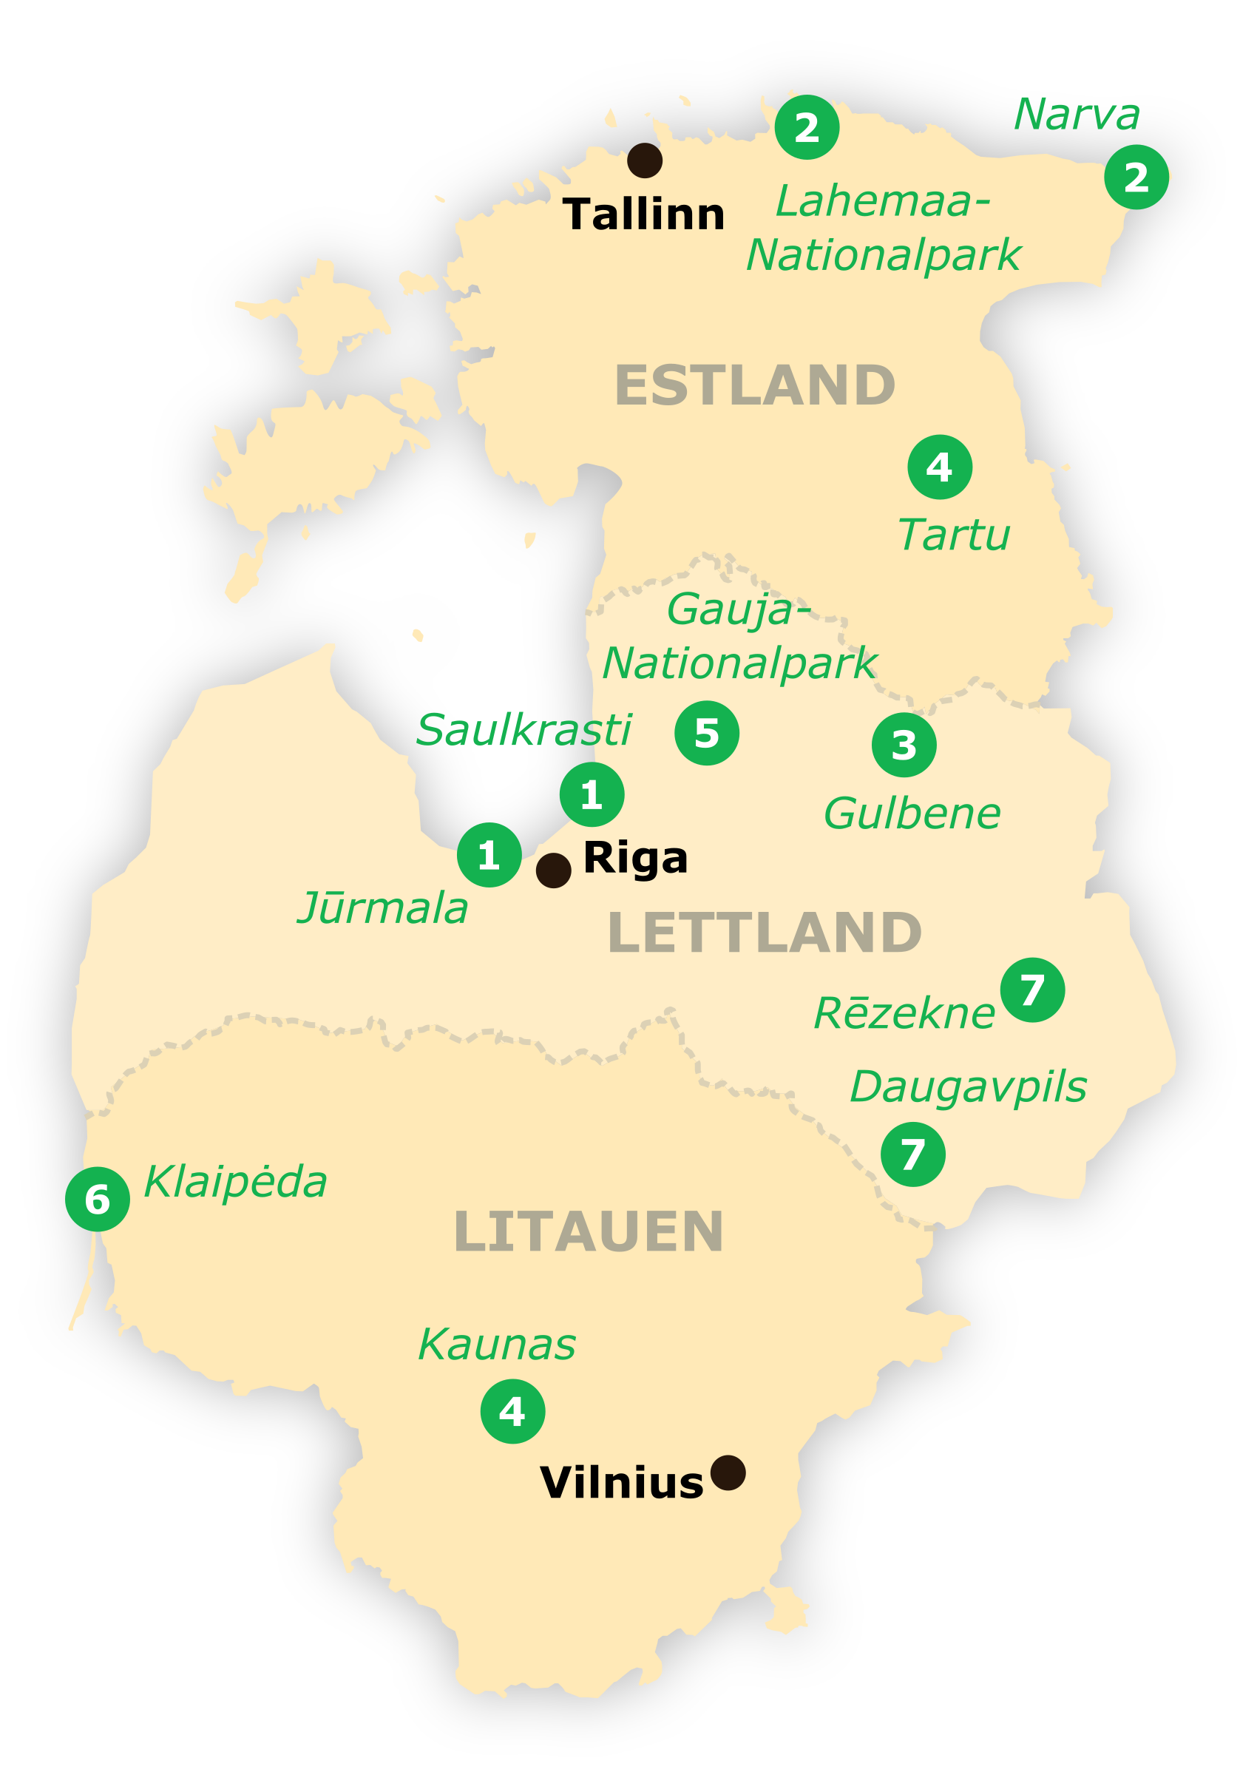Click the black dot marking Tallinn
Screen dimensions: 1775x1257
(644, 160)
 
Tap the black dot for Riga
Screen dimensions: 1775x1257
(553, 870)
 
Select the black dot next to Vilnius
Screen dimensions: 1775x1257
(728, 1473)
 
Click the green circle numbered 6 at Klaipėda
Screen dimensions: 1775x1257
(98, 1199)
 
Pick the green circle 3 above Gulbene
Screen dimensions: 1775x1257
(904, 745)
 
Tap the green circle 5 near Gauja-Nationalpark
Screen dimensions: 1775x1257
(707, 733)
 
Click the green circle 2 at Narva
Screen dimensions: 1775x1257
(1136, 177)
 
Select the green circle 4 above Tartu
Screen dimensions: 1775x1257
(940, 467)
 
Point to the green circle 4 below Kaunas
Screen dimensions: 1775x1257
(512, 1411)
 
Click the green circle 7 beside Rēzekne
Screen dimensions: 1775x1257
(1032, 990)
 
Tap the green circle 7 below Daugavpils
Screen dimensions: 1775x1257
(912, 1154)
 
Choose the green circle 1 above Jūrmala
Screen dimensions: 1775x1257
(489, 855)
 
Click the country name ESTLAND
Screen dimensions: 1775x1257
(755, 385)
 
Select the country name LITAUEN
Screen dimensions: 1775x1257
(589, 1231)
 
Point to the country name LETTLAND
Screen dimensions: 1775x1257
(765, 932)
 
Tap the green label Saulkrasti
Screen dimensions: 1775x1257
(524, 730)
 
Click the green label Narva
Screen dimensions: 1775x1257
(1077, 115)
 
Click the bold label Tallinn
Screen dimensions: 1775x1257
(644, 214)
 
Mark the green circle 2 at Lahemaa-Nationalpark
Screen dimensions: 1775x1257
(807, 127)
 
